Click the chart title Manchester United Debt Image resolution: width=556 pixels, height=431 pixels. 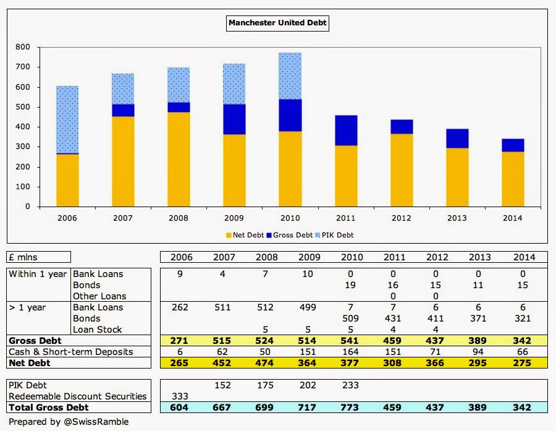[277, 24]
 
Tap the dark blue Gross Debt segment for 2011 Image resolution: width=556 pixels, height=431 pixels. [345, 130]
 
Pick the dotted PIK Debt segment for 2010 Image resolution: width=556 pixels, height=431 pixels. [290, 76]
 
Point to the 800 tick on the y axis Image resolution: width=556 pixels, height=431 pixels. [23, 47]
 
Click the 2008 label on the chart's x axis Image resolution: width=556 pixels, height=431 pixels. [179, 218]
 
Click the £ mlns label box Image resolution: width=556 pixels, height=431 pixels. [38, 257]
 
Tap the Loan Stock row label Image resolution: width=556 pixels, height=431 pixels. [98, 330]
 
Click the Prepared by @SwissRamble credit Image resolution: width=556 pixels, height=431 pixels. [69, 422]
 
